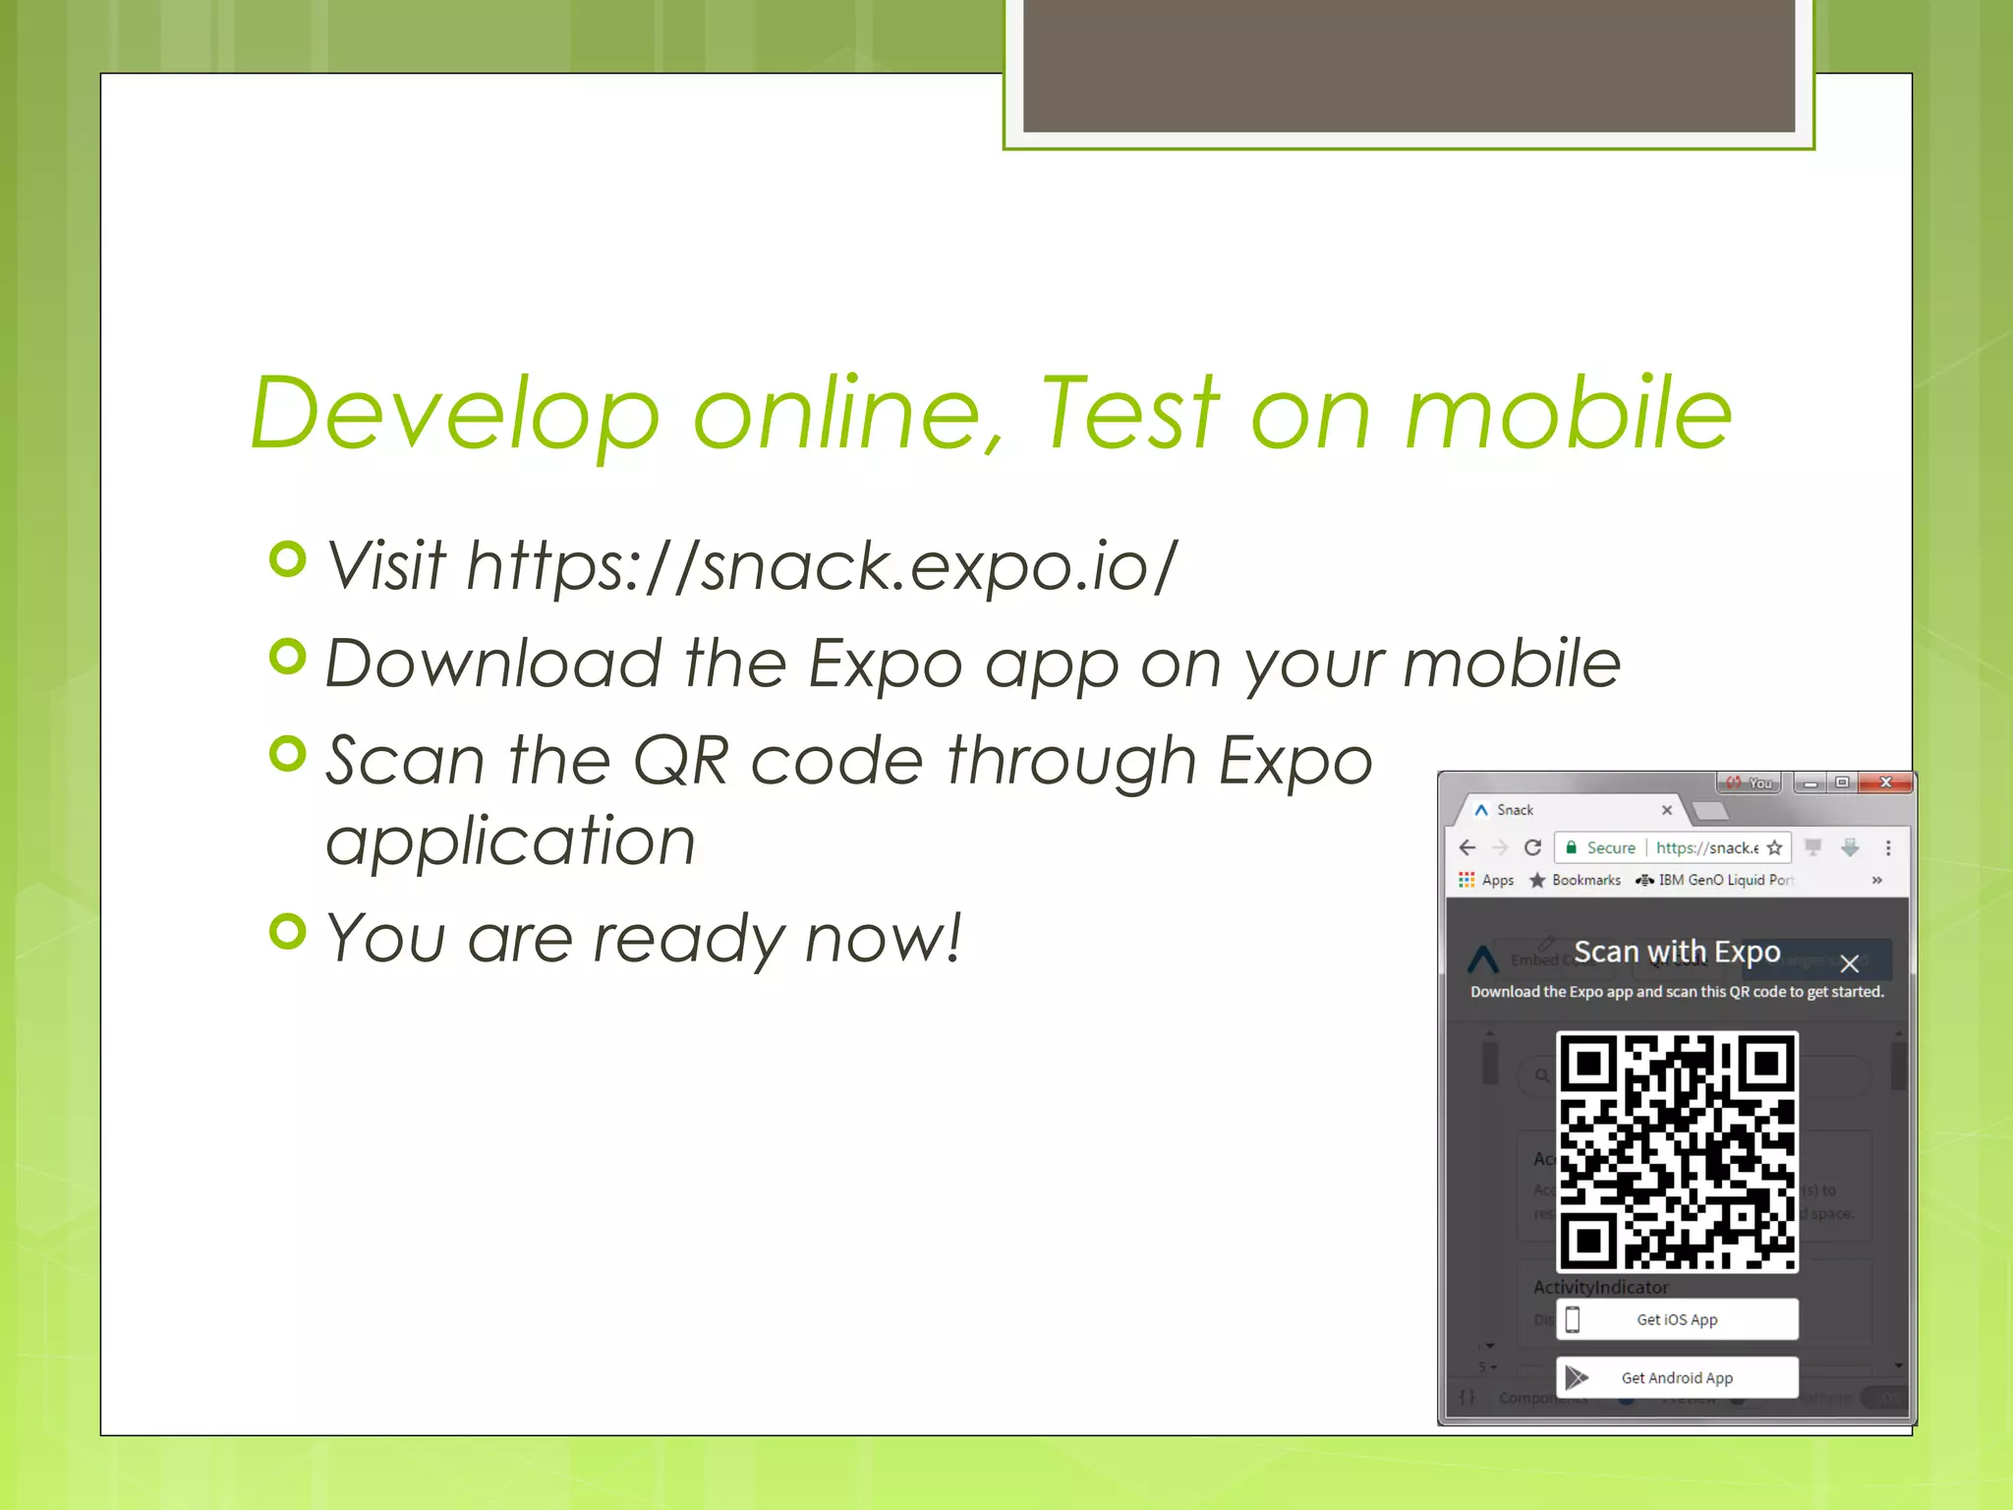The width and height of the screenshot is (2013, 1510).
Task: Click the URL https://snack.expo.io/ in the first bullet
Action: (x=821, y=566)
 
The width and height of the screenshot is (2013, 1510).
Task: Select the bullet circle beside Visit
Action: (x=287, y=559)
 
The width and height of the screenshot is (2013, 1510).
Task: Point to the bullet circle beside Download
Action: (x=287, y=657)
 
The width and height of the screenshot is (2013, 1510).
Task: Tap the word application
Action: (x=510, y=842)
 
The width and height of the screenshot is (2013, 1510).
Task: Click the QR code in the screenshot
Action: (x=1677, y=1151)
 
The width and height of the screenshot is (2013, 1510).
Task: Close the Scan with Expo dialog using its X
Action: (x=1849, y=963)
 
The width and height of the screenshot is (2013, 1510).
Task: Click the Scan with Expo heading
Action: (x=1677, y=952)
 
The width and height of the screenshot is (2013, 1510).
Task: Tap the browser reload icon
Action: (x=1532, y=847)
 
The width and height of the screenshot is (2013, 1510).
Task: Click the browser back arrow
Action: (x=1467, y=847)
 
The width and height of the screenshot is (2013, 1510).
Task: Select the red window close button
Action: (x=1885, y=783)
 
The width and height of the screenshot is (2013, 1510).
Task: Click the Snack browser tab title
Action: (x=1515, y=810)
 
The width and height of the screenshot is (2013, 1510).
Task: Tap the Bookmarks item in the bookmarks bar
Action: (x=1585, y=880)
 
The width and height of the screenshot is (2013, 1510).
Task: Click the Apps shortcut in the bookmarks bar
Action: (x=1497, y=880)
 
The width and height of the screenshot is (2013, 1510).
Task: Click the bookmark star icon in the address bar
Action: (x=1774, y=847)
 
